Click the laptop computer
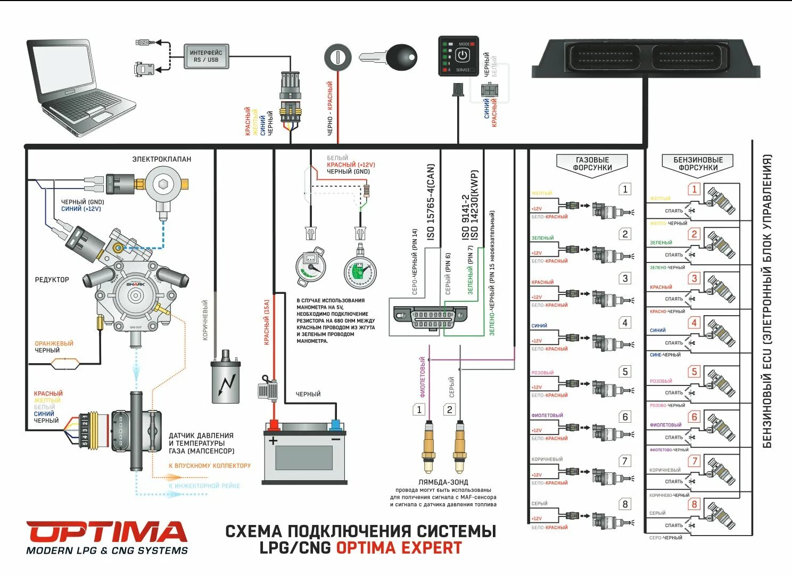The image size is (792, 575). pyautogui.click(x=80, y=85)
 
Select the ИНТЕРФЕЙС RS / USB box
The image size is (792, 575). pyautogui.click(x=206, y=56)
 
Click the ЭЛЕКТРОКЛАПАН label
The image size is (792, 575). pyautogui.click(x=162, y=159)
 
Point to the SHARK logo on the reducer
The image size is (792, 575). pyautogui.click(x=135, y=284)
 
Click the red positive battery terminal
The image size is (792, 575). pyautogui.click(x=274, y=425)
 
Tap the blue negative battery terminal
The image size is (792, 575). pyautogui.click(x=335, y=425)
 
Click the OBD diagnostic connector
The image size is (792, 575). pyautogui.click(x=430, y=318)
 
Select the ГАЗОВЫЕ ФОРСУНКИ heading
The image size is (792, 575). pyautogui.click(x=592, y=164)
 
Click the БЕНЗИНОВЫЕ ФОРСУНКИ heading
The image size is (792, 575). pyautogui.click(x=698, y=164)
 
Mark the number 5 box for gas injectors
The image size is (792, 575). pyautogui.click(x=625, y=372)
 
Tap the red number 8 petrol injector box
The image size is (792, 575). pyautogui.click(x=694, y=504)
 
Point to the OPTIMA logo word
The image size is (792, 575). pyautogui.click(x=106, y=532)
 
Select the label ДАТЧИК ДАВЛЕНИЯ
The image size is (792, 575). pyautogui.click(x=201, y=436)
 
